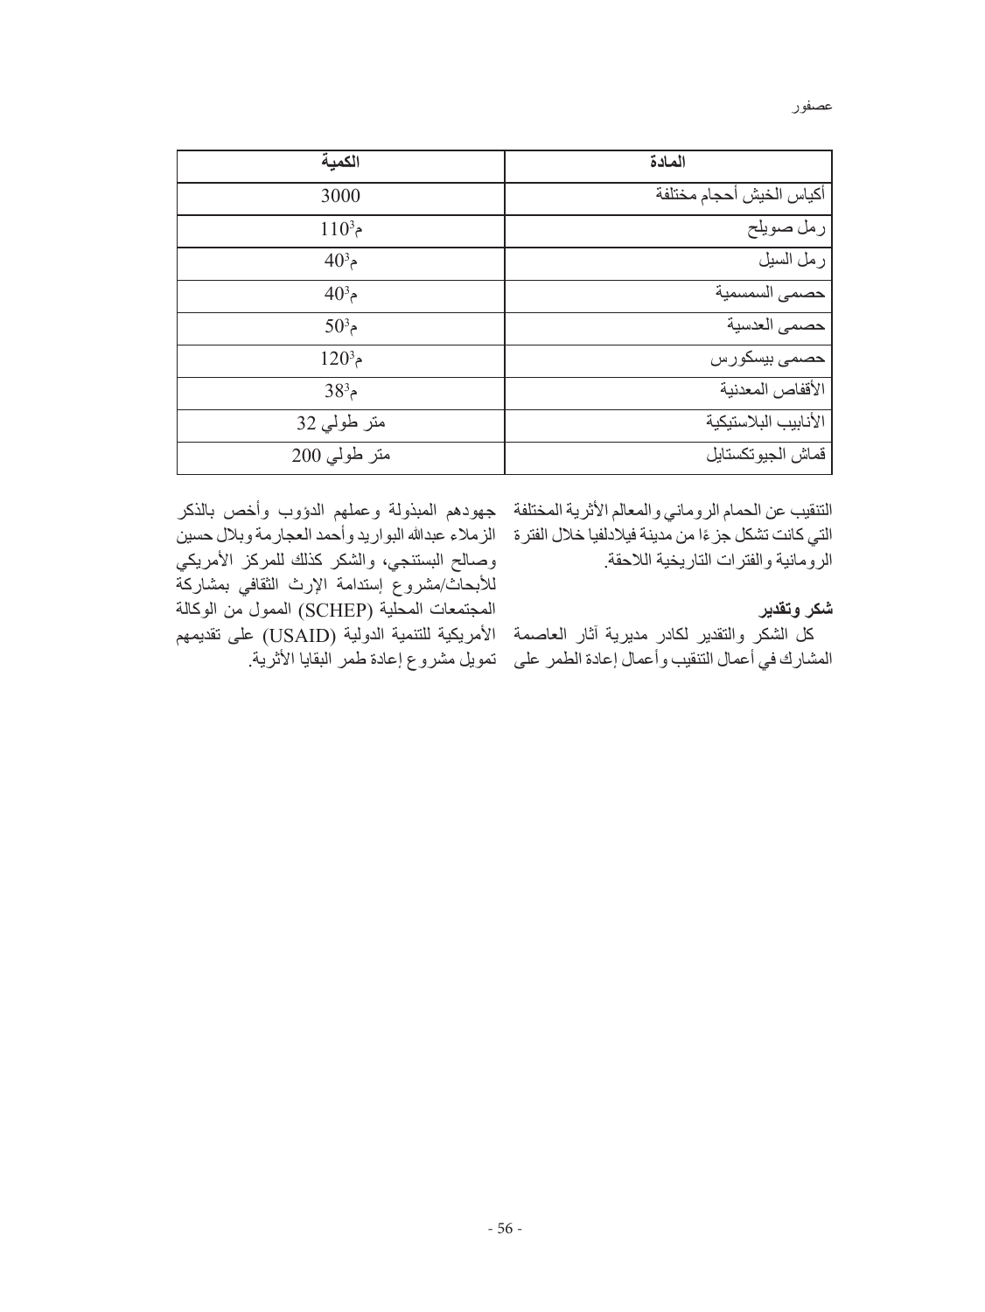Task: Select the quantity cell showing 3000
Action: (x=340, y=196)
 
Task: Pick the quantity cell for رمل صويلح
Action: (x=340, y=230)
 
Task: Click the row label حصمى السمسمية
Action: (x=770, y=294)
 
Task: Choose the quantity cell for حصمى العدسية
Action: (x=340, y=325)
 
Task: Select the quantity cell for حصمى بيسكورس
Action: (x=340, y=359)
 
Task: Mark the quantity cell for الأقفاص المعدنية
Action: (x=340, y=390)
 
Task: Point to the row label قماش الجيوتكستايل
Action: (x=766, y=456)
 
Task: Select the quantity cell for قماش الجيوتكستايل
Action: (x=340, y=456)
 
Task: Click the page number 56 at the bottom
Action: (x=504, y=1228)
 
